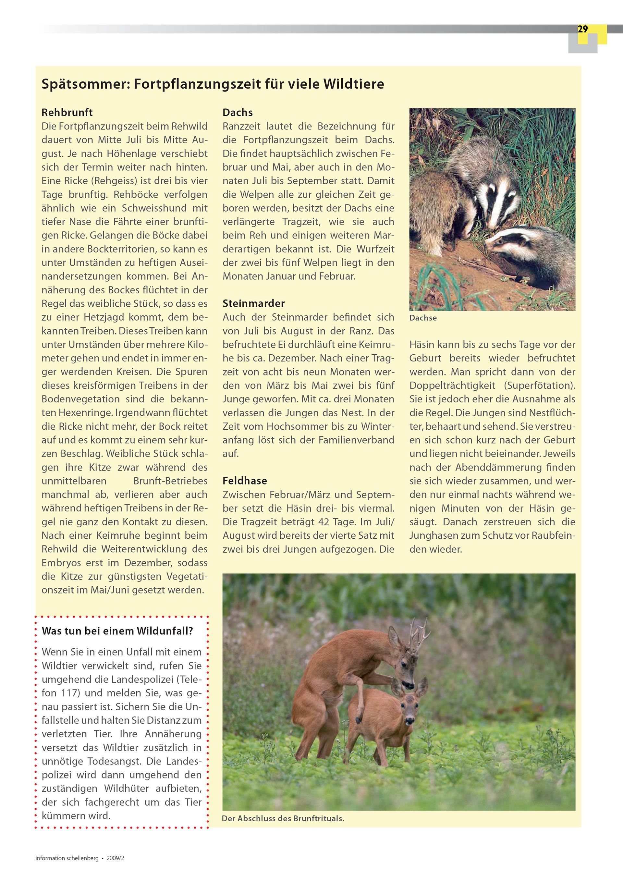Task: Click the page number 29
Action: pos(582,29)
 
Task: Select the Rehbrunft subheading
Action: pos(67,112)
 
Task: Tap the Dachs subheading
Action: pos(238,112)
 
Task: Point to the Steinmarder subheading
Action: pos(253,303)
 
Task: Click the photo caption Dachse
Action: pos(423,318)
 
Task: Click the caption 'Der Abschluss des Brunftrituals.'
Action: pos(283,818)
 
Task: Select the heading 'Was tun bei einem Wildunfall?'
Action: pos(117,631)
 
